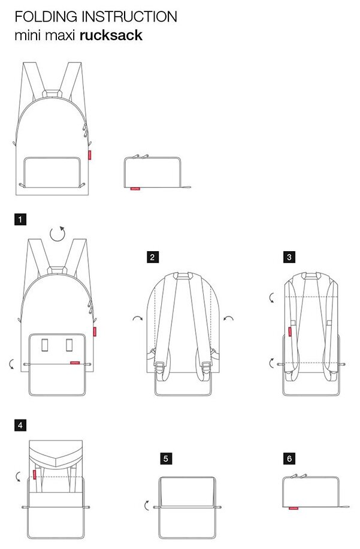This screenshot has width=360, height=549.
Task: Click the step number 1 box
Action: pyautogui.click(x=20, y=220)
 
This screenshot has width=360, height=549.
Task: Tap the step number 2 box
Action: pyautogui.click(x=153, y=258)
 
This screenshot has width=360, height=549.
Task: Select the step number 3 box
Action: pyautogui.click(x=289, y=258)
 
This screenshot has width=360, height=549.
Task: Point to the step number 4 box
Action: pyautogui.click(x=20, y=426)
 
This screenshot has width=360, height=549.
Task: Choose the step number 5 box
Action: pyautogui.click(x=166, y=459)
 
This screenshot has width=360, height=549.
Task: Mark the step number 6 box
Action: pyautogui.click(x=289, y=459)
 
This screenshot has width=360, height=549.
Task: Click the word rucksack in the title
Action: pyautogui.click(x=111, y=35)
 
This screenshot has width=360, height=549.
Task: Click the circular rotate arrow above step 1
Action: pyautogui.click(x=57, y=233)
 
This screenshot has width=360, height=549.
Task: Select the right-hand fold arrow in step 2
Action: pyautogui.click(x=228, y=318)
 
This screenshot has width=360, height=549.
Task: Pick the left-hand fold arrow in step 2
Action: pyautogui.click(x=138, y=318)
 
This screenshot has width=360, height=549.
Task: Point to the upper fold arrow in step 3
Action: pyautogui.click(x=272, y=297)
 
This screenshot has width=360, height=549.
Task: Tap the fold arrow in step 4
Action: pyautogui.click(x=19, y=476)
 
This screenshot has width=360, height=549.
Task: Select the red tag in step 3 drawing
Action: pyautogui.click(x=291, y=331)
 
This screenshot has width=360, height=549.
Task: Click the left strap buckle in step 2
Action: pyautogui.click(x=160, y=364)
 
